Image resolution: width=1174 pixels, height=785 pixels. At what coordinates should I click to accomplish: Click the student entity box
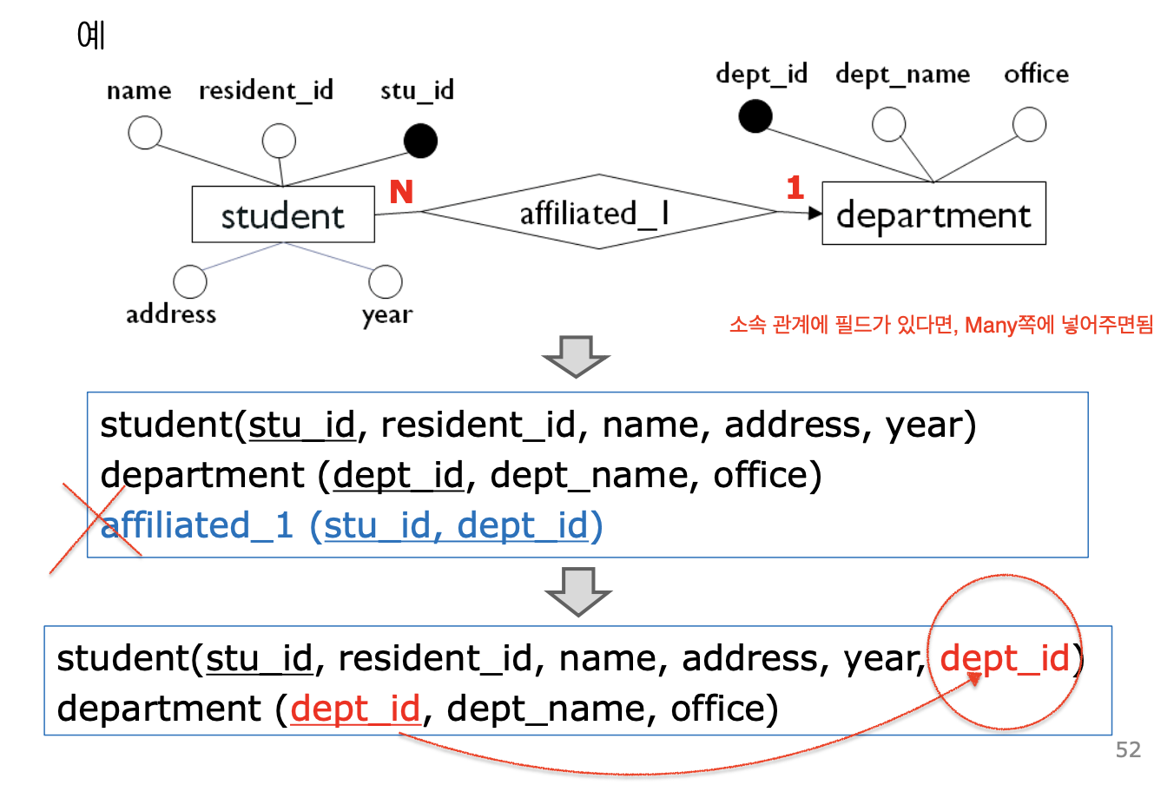[282, 214]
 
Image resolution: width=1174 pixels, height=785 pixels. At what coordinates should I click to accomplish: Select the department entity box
[933, 214]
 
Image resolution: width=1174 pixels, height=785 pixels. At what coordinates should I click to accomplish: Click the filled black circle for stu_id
[421, 141]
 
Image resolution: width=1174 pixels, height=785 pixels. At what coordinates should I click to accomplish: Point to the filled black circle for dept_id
[755, 115]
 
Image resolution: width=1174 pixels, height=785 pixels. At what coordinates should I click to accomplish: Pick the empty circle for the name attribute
[145, 133]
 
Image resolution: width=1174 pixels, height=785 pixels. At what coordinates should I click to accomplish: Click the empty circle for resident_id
[279, 141]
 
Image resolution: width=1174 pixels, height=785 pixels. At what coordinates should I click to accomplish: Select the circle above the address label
[190, 281]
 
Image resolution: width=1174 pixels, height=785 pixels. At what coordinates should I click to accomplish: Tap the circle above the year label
[386, 281]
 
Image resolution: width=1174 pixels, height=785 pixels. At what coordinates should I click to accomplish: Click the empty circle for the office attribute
[1029, 124]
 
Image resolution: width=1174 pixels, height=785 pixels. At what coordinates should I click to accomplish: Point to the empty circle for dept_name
[888, 124]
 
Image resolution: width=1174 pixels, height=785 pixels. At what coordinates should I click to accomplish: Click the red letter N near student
[401, 192]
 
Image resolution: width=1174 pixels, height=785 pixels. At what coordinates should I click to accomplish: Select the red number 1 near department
[795, 188]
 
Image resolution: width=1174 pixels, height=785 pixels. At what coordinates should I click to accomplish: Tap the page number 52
[1128, 749]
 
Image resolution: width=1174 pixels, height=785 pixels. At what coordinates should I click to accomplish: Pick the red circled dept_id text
[1005, 658]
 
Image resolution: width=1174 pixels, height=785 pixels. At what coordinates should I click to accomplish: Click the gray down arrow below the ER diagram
[576, 356]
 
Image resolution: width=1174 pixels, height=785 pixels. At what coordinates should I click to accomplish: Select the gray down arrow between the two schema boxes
[578, 590]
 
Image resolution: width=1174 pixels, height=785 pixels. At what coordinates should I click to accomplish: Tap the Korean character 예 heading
[91, 35]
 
